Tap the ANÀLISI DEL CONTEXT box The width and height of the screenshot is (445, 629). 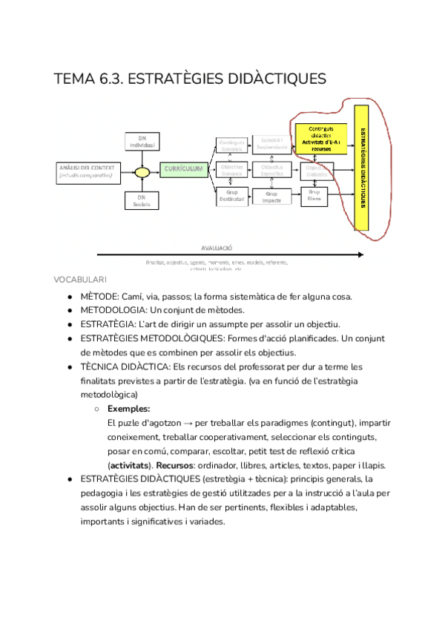[87, 172]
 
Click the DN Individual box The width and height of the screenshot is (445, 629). [141, 140]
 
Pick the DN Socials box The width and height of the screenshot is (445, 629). [141, 201]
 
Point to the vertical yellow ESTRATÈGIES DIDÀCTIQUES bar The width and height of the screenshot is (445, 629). [363, 168]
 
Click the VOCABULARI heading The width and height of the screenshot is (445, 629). [80, 280]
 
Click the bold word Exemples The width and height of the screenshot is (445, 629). [128, 409]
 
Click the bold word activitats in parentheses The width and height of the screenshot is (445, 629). [131, 465]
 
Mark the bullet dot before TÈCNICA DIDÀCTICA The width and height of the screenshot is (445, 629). [69, 367]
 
